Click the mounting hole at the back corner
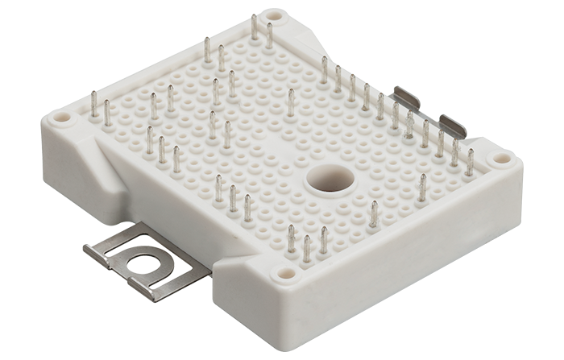[276, 14]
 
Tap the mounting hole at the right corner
[502, 159]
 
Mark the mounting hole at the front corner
[288, 274]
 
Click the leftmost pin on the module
[93, 106]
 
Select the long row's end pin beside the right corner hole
[470, 162]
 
